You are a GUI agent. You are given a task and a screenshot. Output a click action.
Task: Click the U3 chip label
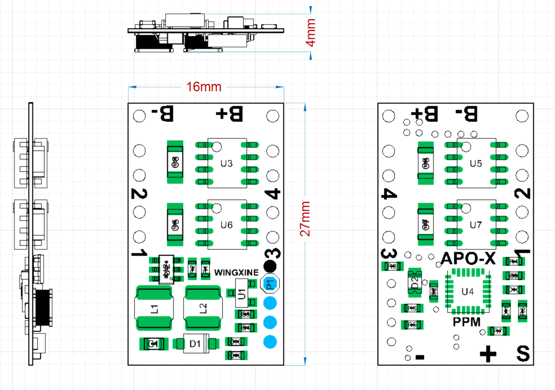(226, 164)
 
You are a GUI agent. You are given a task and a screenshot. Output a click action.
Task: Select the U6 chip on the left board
(226, 224)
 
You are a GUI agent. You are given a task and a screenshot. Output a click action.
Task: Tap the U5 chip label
(475, 164)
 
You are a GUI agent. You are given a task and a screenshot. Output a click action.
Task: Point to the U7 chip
(475, 224)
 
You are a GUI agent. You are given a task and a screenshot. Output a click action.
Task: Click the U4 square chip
(468, 291)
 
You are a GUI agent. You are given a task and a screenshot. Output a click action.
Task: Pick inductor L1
(154, 308)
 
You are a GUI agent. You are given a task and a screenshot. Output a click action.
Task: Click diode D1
(195, 343)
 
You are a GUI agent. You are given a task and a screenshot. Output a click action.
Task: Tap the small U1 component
(241, 294)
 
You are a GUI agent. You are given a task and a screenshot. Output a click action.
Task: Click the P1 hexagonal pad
(270, 283)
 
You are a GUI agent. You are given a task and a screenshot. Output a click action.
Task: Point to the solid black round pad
(271, 266)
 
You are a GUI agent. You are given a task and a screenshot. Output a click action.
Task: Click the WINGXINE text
(236, 272)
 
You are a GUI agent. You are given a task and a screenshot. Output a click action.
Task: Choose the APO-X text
(468, 259)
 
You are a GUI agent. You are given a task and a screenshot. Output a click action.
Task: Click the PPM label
(467, 322)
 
